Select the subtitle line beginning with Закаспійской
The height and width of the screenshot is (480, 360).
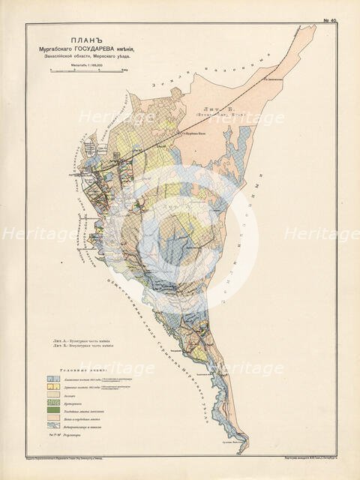pyautogui.click(x=89, y=58)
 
